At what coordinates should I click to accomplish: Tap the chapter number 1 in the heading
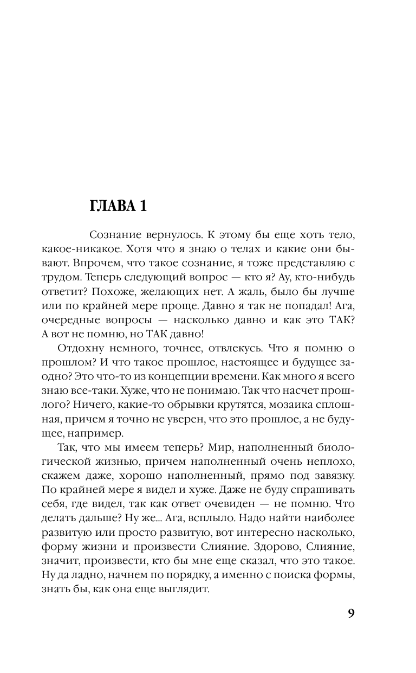(142, 207)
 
